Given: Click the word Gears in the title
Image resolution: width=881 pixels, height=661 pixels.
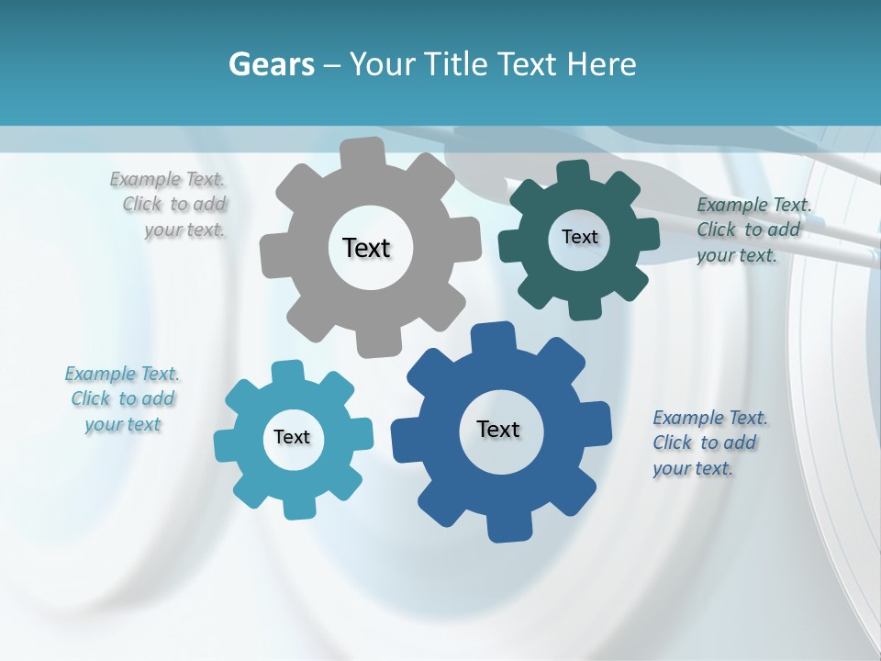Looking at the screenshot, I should (x=270, y=64).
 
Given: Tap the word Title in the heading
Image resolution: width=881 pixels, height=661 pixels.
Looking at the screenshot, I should (x=458, y=64).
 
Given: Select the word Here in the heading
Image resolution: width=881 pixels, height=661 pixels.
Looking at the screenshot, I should (x=602, y=64).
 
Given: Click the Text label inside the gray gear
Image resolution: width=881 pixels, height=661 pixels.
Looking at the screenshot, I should (x=366, y=248).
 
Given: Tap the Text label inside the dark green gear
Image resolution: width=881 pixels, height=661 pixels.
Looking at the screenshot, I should (x=579, y=237).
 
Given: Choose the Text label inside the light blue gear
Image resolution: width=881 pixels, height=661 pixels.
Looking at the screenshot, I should (x=292, y=437).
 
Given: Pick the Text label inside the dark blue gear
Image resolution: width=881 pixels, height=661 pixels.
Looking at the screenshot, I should (x=498, y=429).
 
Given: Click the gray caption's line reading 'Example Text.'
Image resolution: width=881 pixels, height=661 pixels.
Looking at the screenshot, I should (x=167, y=179).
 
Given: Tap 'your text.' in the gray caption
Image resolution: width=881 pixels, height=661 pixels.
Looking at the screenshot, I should (x=184, y=230).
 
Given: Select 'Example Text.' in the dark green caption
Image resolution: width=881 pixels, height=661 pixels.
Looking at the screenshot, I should (x=754, y=205).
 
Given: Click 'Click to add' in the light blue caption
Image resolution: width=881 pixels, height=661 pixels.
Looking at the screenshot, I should (x=123, y=398).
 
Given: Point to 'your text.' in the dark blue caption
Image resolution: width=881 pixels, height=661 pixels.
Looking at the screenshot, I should (x=693, y=468).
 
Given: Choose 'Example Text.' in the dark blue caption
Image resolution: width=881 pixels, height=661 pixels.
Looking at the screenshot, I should (x=710, y=418).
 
